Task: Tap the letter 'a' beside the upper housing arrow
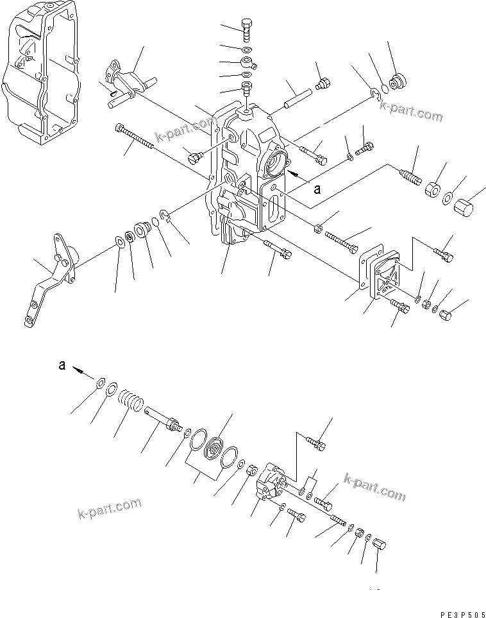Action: (x=316, y=189)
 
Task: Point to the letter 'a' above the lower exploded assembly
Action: (x=62, y=365)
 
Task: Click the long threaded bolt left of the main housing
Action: (x=134, y=137)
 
